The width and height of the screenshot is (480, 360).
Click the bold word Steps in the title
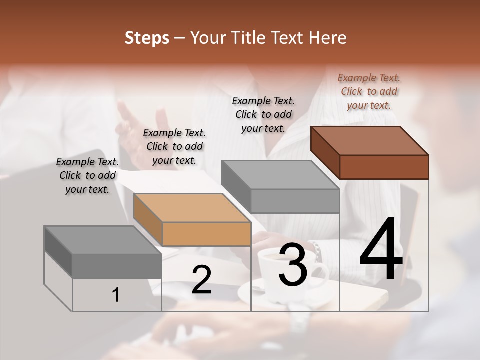pos(147,38)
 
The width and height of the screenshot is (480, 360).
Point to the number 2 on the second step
pos(201,280)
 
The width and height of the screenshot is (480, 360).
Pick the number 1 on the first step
pos(116,295)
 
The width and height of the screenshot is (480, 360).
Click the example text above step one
pos(87,175)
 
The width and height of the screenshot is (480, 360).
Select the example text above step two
pos(174,146)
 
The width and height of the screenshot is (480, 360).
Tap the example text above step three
pos(263,114)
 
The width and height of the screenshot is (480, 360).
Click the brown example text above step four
pos(369,91)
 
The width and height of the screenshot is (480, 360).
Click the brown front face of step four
pos(384,167)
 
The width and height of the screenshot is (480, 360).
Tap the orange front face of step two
pos(206,234)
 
